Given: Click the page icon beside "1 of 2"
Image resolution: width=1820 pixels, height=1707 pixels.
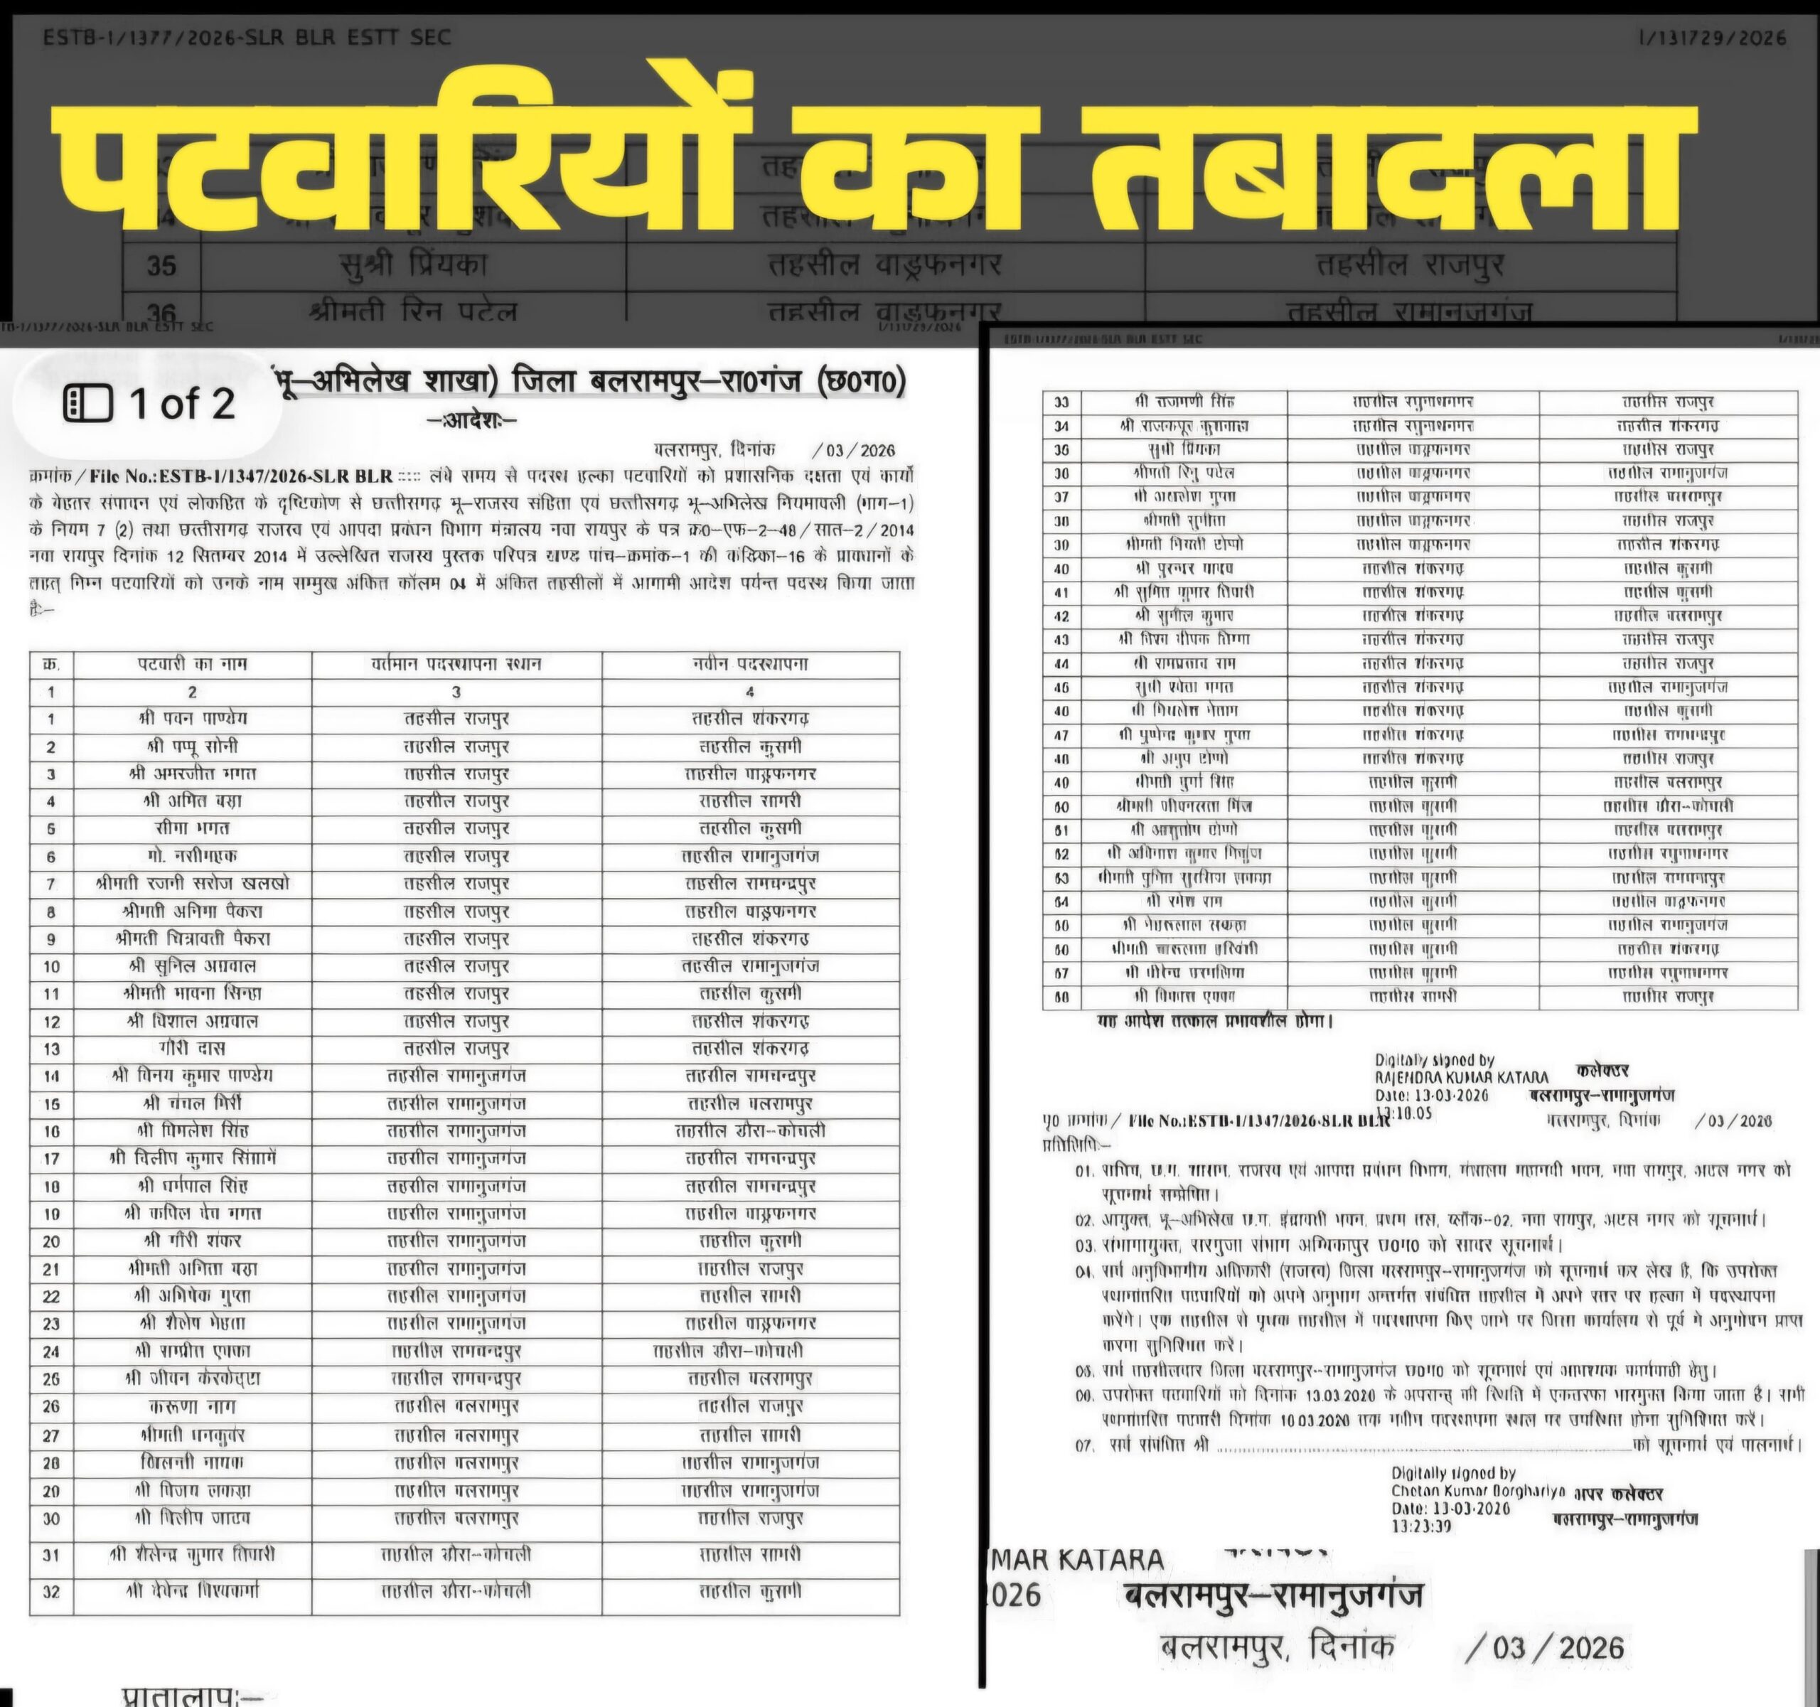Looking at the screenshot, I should (88, 404).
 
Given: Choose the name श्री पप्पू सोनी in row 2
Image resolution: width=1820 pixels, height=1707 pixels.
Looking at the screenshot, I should (192, 746).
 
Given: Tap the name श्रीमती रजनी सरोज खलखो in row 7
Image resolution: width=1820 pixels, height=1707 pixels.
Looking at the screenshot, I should (192, 883).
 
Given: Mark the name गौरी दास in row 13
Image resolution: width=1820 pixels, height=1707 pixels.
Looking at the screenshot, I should (192, 1048).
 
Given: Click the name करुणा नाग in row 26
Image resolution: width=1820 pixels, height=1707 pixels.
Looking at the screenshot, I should (192, 1406).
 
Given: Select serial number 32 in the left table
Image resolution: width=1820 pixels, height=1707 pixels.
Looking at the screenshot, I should (51, 1592).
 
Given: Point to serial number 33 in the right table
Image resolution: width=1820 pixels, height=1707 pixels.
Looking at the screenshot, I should (1061, 402).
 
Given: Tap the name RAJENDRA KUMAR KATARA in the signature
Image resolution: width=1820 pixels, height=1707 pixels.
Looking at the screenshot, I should (1462, 1077).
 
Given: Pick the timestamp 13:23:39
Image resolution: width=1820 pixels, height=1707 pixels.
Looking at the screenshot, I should (1421, 1526).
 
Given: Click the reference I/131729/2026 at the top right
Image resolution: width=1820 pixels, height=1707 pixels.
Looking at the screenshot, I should (1711, 38).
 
